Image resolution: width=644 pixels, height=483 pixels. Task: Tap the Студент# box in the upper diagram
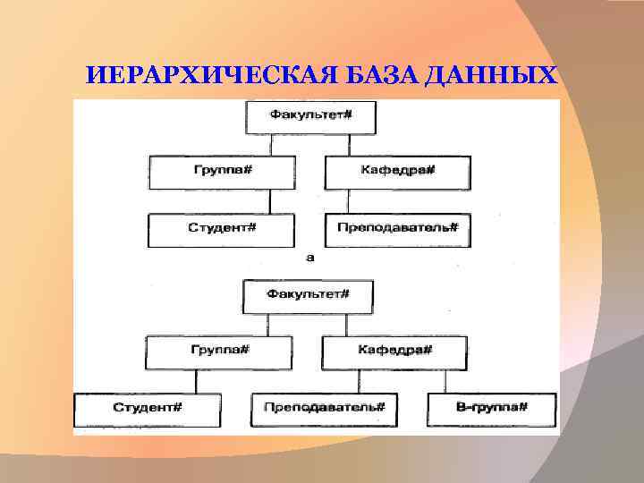pos(221,229)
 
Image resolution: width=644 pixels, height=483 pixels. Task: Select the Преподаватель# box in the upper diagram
pos(397,229)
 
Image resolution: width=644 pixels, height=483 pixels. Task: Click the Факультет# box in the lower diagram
pos(308,296)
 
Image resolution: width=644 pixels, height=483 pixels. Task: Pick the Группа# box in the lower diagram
pos(218,352)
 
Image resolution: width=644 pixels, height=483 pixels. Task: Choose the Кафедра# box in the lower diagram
pos(395,352)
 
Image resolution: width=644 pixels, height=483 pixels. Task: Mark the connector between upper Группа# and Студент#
pos(270,201)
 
